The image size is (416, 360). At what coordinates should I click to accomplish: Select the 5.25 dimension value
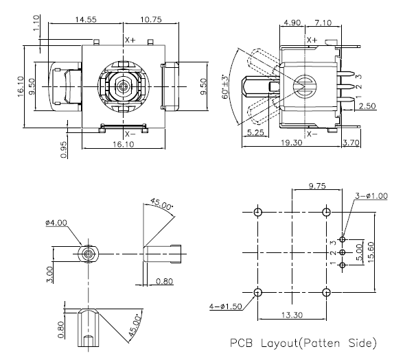coord(255,132)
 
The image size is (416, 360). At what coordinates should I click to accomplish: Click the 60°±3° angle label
coord(223,85)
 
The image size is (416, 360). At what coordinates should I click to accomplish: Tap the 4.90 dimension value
coord(292,25)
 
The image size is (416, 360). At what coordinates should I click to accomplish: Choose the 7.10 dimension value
coord(323,25)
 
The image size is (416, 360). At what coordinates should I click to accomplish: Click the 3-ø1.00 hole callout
coord(371,195)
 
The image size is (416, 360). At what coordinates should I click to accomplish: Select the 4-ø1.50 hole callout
coord(226,306)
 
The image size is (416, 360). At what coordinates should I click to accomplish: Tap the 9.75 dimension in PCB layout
coord(317,186)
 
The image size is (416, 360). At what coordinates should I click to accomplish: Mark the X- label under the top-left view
coord(130,134)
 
